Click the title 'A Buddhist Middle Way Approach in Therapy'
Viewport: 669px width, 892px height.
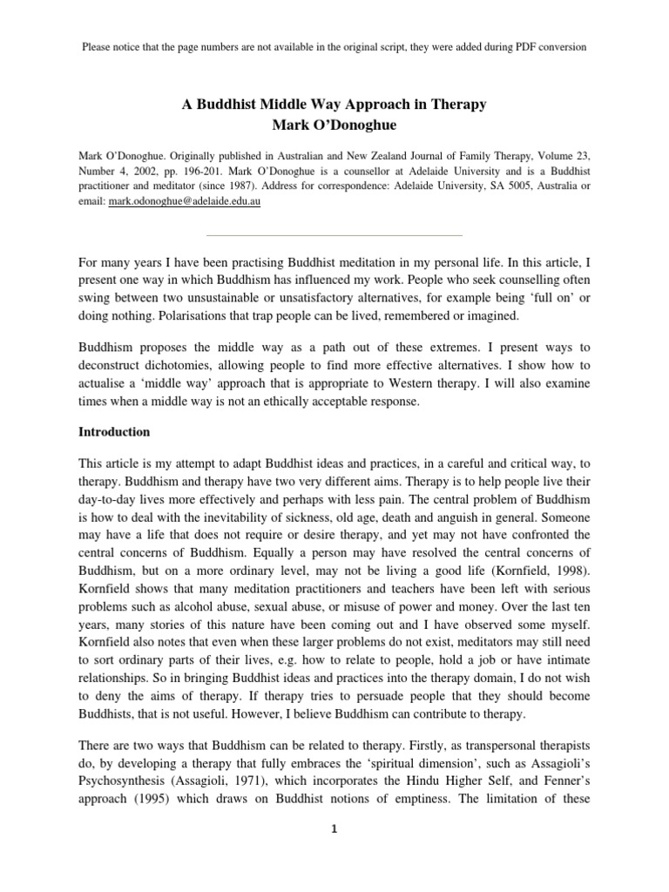pyautogui.click(x=334, y=105)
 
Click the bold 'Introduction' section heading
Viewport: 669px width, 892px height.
pyautogui.click(x=114, y=431)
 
